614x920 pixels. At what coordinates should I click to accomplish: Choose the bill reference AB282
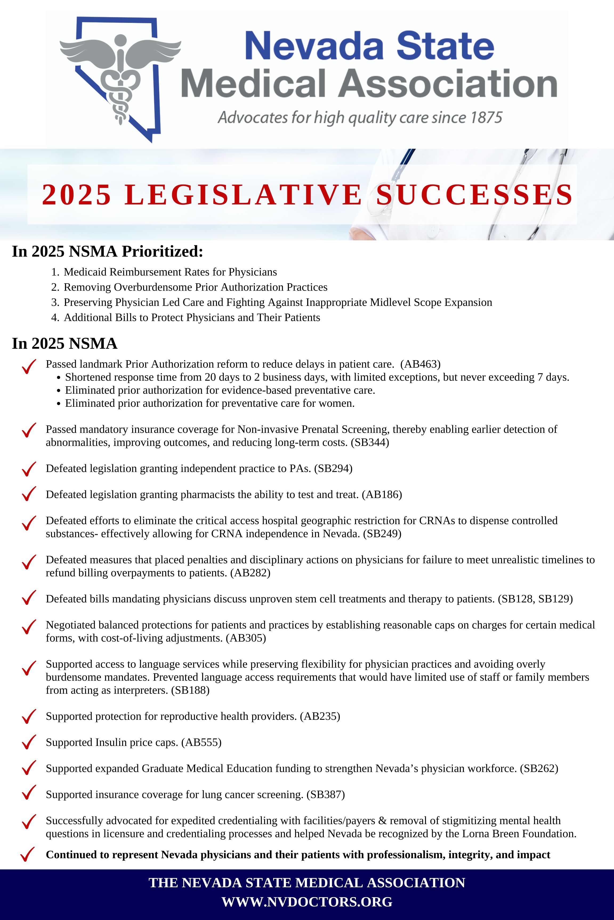click(x=250, y=573)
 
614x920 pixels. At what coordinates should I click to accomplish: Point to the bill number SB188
click(x=190, y=690)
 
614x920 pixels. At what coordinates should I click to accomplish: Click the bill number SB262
click(x=539, y=769)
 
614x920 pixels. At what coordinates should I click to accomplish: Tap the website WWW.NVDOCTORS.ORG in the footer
click(x=307, y=902)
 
